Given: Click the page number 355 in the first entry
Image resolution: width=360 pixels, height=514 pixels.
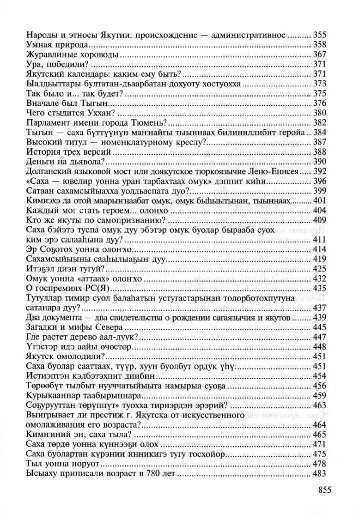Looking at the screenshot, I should pyautogui.click(x=320, y=35).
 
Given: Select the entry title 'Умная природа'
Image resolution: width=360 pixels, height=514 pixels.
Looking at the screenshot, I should pyautogui.click(x=57, y=45).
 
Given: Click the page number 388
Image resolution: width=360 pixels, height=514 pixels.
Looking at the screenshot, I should pyautogui.click(x=320, y=152).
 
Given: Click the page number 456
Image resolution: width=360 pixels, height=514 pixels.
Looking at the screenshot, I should pyautogui.click(x=320, y=386).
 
